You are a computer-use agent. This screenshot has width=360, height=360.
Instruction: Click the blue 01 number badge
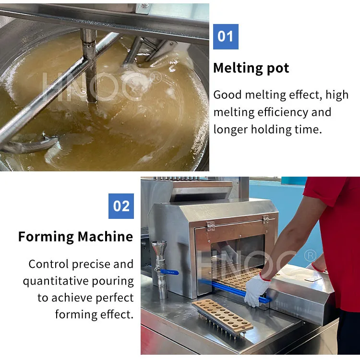click(x=226, y=37)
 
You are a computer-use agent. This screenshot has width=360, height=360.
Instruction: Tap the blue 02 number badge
click(x=121, y=206)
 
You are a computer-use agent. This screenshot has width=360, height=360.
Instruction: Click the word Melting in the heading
click(x=238, y=68)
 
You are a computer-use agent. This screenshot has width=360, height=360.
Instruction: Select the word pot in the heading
click(x=278, y=69)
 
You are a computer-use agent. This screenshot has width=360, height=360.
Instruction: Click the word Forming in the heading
click(x=46, y=237)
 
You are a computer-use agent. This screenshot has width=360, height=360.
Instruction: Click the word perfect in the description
click(x=115, y=298)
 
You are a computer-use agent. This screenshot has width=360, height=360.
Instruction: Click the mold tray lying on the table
click(x=223, y=316)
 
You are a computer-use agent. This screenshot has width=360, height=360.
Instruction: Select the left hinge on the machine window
click(x=211, y=226)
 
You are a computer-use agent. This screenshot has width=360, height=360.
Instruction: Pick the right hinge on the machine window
click(x=266, y=220)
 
